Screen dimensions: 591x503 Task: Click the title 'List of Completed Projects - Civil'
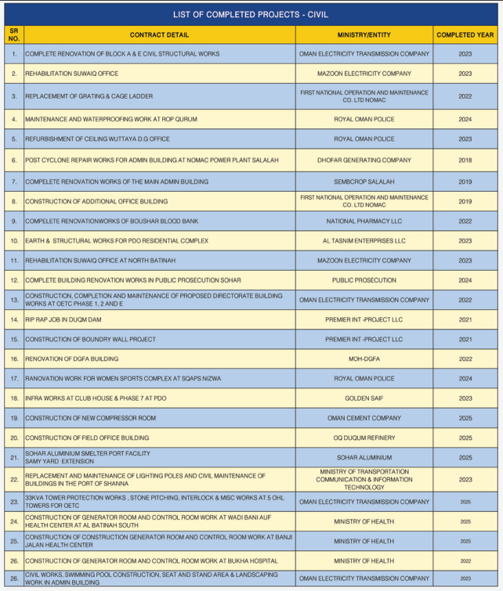point(251,14)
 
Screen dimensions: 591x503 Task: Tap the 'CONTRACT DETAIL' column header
point(159,34)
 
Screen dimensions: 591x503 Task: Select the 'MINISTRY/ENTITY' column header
point(364,34)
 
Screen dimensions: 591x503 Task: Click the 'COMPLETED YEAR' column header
point(465,34)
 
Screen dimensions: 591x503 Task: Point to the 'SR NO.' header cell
point(13,34)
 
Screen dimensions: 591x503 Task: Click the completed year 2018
point(465,160)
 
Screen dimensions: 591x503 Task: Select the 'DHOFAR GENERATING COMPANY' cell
point(364,160)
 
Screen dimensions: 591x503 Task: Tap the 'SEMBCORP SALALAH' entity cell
point(364,181)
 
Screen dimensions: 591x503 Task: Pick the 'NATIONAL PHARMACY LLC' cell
point(364,221)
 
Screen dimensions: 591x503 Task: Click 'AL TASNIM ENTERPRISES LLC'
point(364,240)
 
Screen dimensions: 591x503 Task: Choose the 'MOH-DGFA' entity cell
point(364,359)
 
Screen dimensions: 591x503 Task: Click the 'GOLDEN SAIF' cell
point(364,398)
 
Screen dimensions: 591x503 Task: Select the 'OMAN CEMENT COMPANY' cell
point(364,418)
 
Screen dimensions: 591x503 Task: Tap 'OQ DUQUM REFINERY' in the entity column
point(364,438)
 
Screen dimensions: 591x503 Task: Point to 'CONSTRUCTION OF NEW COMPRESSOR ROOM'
point(90,418)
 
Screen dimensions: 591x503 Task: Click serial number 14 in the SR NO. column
point(13,319)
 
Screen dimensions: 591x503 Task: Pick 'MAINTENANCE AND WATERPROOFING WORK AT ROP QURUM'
point(110,119)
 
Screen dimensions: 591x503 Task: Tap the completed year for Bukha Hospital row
point(465,560)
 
